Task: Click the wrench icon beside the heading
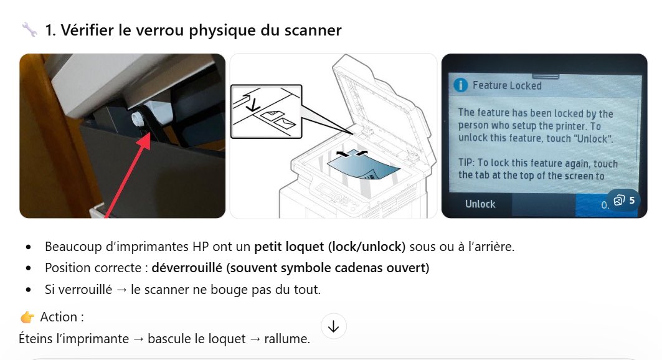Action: (x=29, y=29)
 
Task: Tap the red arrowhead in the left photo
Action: (x=144, y=141)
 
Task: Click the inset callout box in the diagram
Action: (x=267, y=111)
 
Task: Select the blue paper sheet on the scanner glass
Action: (x=363, y=167)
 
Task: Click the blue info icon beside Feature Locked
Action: (x=461, y=85)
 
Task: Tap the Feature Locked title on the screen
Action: (x=507, y=86)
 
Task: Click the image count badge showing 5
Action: (x=623, y=201)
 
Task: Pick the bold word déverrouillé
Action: (x=187, y=268)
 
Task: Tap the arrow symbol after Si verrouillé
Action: (x=121, y=290)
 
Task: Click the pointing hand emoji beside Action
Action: (x=27, y=317)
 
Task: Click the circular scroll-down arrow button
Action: (x=334, y=326)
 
